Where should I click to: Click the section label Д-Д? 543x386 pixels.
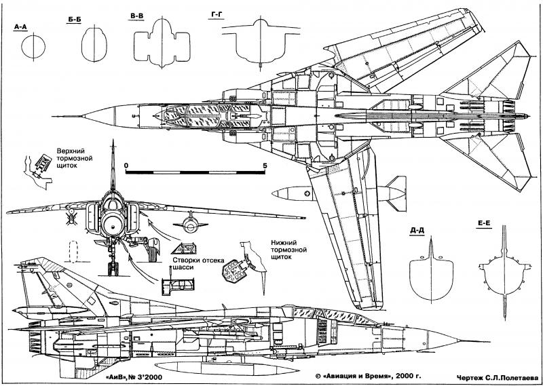[x=416, y=230]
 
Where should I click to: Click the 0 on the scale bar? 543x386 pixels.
[x=126, y=165]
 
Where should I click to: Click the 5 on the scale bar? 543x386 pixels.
[x=264, y=165]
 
